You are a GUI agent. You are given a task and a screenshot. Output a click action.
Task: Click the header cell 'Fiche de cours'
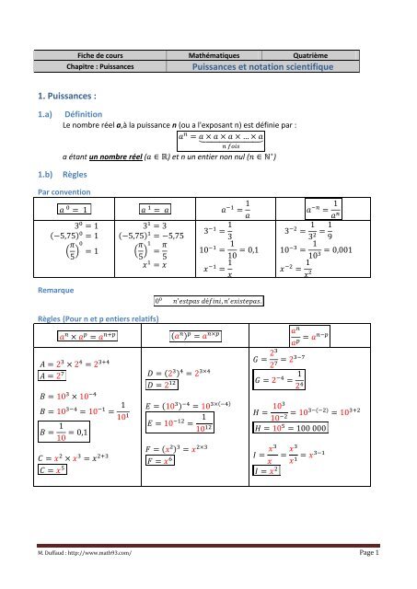[102, 55]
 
